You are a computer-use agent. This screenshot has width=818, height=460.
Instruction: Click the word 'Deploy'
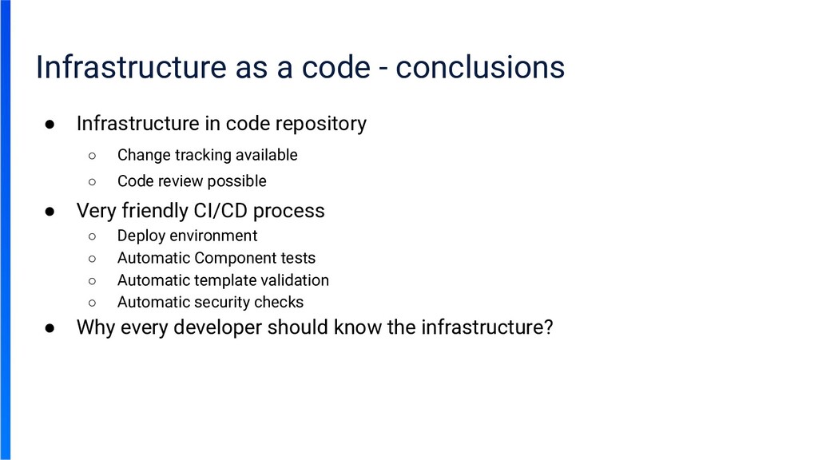[x=141, y=236]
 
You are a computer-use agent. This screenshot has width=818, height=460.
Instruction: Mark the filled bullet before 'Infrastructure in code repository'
[x=50, y=125]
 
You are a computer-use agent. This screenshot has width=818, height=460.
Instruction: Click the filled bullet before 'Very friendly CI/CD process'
[x=50, y=212]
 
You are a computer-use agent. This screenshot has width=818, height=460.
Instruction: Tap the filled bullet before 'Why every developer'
[x=50, y=328]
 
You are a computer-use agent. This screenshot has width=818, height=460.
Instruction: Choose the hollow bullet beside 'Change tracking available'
[x=92, y=155]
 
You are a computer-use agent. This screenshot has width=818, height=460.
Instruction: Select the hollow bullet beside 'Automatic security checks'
[x=92, y=303]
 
